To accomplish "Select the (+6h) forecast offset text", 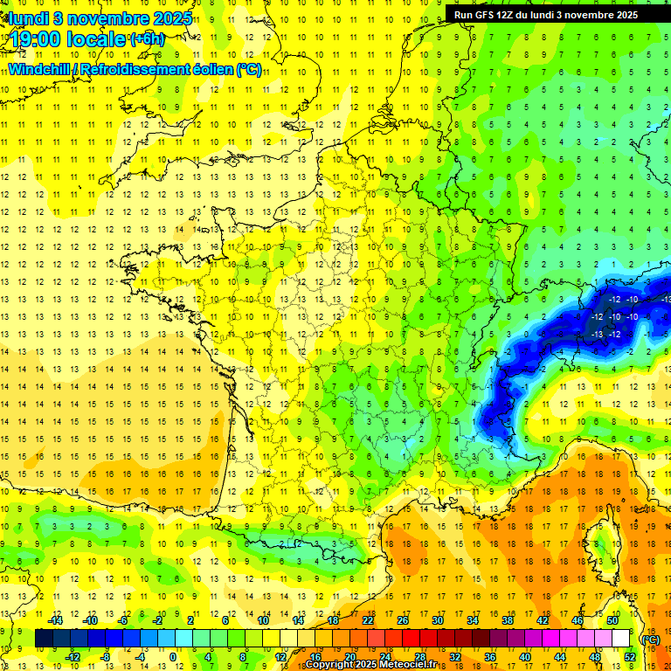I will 146,39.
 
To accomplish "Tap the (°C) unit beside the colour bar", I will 650,640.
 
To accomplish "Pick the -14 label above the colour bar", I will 56,620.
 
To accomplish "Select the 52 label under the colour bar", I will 629,657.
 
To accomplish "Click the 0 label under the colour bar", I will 174,657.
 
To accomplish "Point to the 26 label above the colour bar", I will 403,620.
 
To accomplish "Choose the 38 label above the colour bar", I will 507,620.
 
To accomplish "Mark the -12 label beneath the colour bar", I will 73,657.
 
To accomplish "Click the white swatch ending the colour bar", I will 620,639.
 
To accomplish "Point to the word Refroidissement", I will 135,69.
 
